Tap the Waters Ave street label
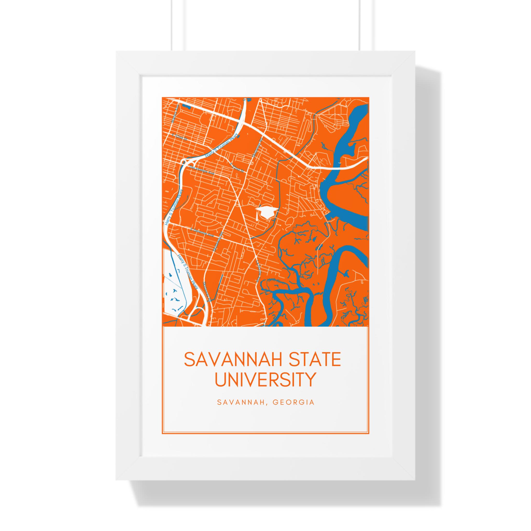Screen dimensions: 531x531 [173, 111]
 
